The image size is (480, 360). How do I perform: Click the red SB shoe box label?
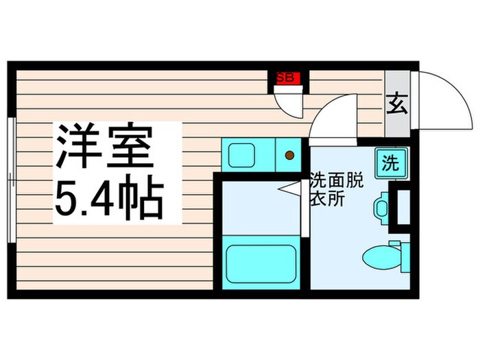tap(285, 78)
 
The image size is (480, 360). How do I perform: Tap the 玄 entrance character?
tap(396, 105)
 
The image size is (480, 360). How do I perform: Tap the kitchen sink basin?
tap(242, 154)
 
